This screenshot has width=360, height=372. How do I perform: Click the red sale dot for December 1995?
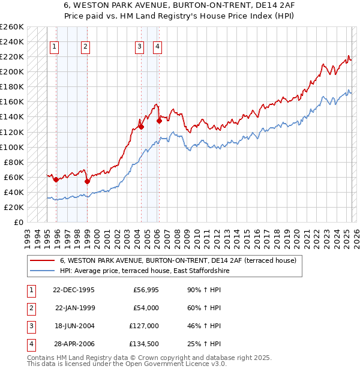56,179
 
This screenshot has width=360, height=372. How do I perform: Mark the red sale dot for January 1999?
87,181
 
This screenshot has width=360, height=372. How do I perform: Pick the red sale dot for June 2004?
141,127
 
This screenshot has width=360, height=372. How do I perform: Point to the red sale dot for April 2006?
159,121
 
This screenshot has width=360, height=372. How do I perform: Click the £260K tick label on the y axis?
12,27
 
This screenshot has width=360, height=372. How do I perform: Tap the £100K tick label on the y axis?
12,147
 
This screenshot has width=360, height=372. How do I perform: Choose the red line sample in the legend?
42,261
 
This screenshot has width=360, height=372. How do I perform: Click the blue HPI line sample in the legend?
42,271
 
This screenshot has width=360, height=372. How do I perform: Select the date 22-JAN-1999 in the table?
74,308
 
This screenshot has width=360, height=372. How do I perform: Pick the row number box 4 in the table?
30,344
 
